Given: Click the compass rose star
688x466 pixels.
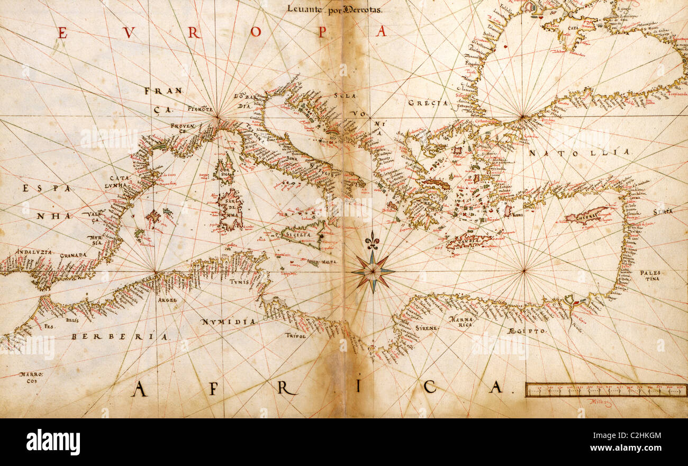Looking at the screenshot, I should pyautogui.click(x=373, y=272).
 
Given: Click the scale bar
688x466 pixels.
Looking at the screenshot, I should pyautogui.click(x=606, y=390).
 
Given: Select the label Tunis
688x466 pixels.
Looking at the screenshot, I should pyautogui.click(x=239, y=282).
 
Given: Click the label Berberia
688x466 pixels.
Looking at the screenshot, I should pyautogui.click(x=120, y=337).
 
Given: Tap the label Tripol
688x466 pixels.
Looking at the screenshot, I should pyautogui.click(x=295, y=335).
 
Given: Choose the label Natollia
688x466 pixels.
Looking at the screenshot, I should pyautogui.click(x=580, y=153).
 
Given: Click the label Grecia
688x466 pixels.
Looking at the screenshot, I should pyautogui.click(x=428, y=103).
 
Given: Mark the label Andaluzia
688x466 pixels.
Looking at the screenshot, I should pyautogui.click(x=34, y=252).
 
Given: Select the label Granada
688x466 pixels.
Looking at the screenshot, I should pyautogui.click(x=73, y=255).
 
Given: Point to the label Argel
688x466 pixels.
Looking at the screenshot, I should pyautogui.click(x=167, y=300).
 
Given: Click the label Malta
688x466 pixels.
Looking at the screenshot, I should pyautogui.click(x=329, y=262).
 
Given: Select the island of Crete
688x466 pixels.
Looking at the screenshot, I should pyautogui.click(x=468, y=241).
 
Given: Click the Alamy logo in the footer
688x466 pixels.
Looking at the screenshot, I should pyautogui.click(x=53, y=442).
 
